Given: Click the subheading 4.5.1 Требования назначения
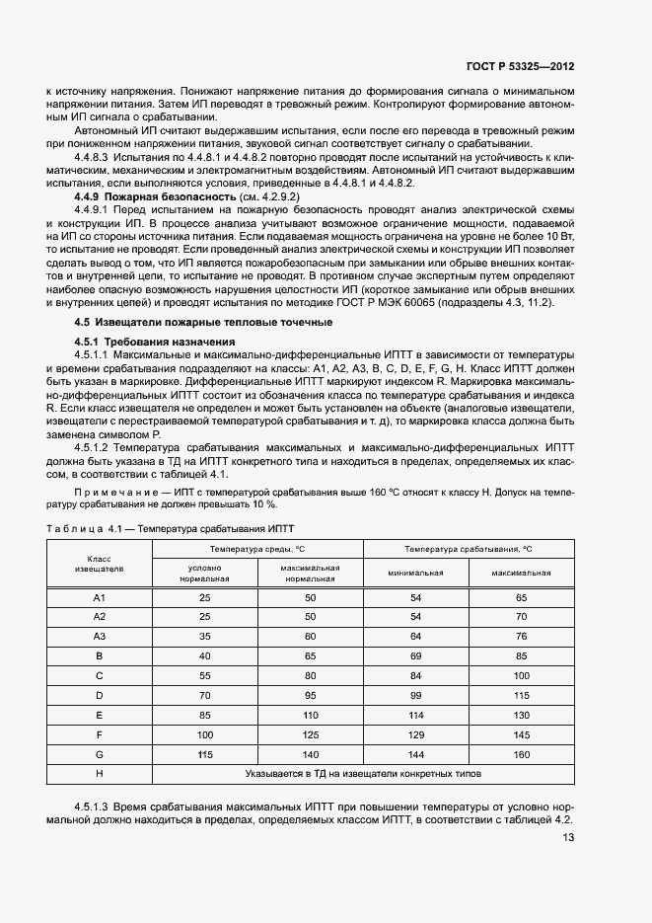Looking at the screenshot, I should [x=141, y=342].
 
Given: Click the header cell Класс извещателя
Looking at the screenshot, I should [x=99, y=564].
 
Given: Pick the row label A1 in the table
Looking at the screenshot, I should [x=99, y=598].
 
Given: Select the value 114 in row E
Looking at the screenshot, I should [x=415, y=714].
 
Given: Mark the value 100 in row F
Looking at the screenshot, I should [x=205, y=734].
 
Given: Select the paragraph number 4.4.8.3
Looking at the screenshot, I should [x=91, y=158].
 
